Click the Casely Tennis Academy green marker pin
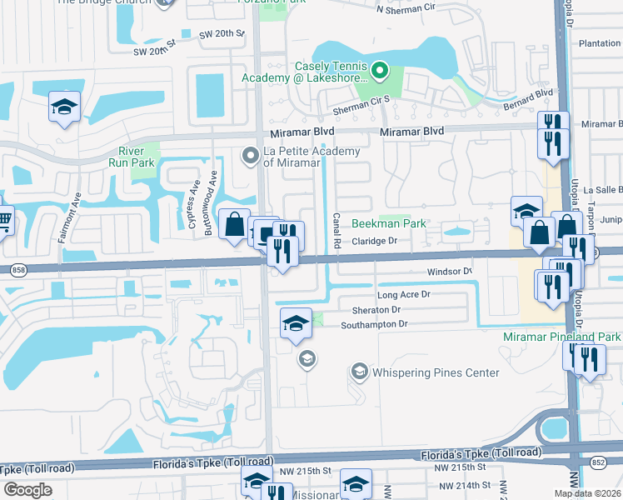(x=381, y=71)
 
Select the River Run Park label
(x=132, y=157)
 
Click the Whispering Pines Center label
(x=436, y=372)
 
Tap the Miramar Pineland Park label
(x=562, y=336)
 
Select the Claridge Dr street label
(x=382, y=241)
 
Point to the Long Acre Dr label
(x=403, y=295)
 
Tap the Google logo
(x=27, y=490)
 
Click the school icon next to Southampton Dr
(x=296, y=323)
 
